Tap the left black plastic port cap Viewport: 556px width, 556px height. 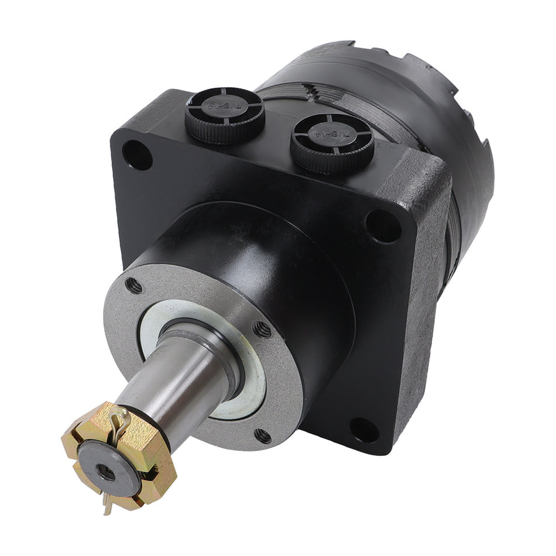point(225,114)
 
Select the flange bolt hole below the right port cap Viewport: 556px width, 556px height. point(382,225)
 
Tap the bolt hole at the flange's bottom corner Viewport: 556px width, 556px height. point(364,430)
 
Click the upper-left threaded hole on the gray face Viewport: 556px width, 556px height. point(134,285)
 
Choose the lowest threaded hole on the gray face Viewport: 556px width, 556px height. point(263,435)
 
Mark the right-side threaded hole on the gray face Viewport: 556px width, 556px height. point(263,330)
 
